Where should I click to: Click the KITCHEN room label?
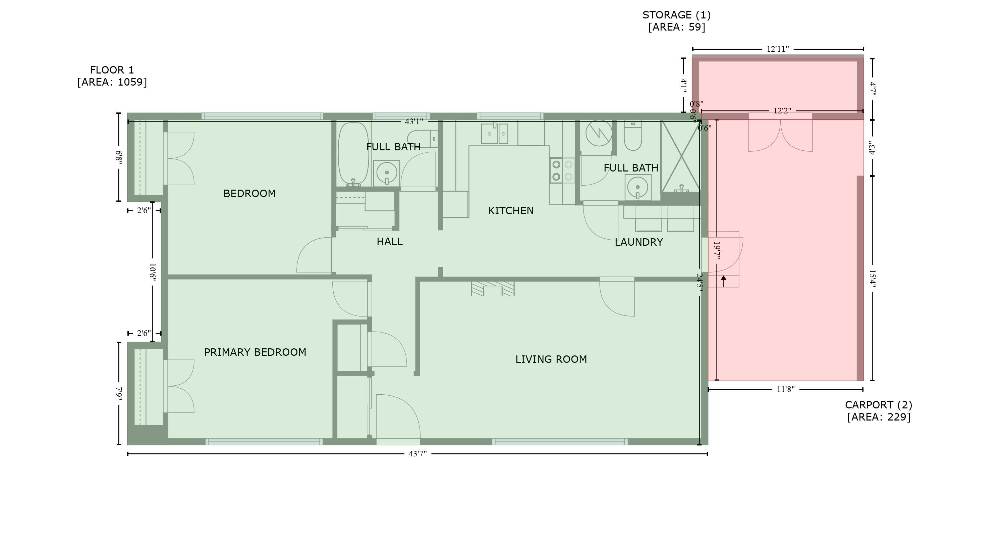click(511, 211)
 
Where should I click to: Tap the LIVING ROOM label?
click(551, 359)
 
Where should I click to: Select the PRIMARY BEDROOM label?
click(255, 352)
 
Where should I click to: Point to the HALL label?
click(389, 242)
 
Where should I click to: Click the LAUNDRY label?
click(639, 242)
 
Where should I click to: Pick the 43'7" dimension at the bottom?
click(417, 454)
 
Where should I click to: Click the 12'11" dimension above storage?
click(778, 49)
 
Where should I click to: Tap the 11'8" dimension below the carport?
click(785, 389)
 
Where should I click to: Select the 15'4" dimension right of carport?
click(872, 279)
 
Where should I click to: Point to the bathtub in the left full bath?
click(353, 154)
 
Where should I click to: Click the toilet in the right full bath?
click(633, 135)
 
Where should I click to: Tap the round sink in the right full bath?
click(638, 187)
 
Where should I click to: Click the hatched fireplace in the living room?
click(493, 288)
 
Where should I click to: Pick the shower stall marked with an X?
click(681, 156)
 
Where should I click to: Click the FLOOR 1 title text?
click(112, 70)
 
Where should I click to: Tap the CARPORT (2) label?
click(879, 405)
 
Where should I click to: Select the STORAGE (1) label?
click(676, 15)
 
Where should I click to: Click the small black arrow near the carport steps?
click(723, 281)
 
